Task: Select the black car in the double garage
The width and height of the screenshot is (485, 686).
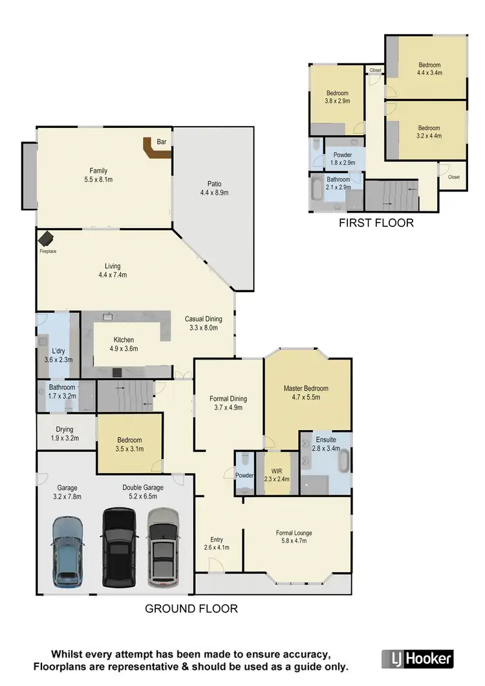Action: pos(119,547)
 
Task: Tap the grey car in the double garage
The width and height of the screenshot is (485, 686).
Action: pos(163,547)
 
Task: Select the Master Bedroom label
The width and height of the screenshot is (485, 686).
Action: pos(306,389)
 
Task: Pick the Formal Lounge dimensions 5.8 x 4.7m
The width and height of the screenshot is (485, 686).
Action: pos(294,542)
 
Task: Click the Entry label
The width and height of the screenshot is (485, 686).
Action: pos(217,539)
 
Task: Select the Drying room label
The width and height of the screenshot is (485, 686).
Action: pos(64,429)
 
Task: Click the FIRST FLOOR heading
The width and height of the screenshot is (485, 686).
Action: pos(376,223)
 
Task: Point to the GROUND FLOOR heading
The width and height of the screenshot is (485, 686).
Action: pos(191,608)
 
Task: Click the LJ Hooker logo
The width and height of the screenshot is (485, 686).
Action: pos(417,659)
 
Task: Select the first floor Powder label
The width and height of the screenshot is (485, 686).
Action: pos(343,155)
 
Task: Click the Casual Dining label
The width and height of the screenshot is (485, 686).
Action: pos(204,319)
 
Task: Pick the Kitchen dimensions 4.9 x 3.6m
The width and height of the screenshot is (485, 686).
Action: pos(124,348)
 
